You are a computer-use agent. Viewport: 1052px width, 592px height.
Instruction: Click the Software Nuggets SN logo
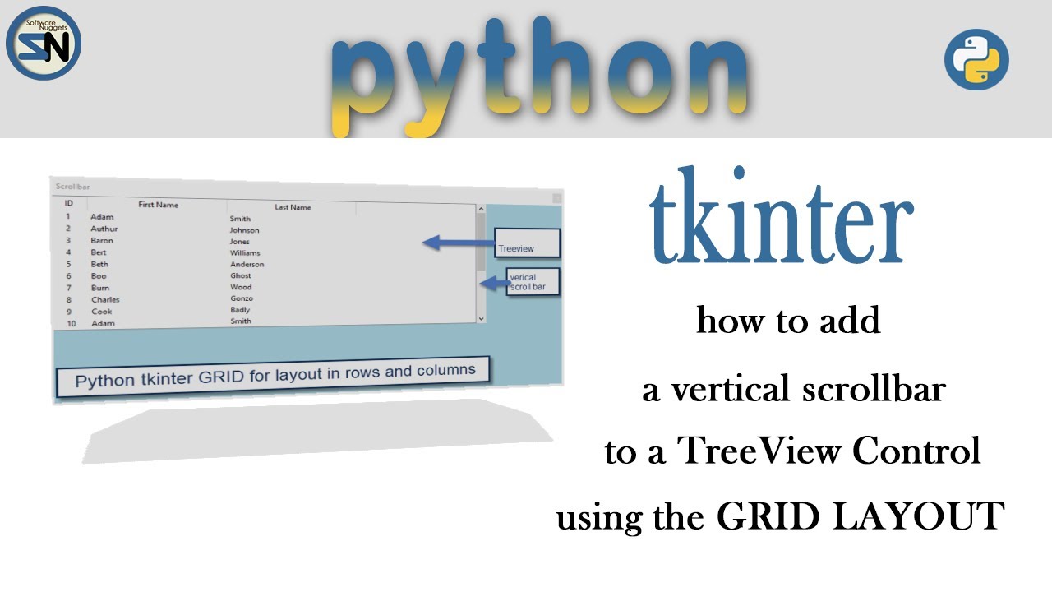coord(44,43)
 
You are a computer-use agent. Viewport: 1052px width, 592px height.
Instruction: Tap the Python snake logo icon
coord(976,59)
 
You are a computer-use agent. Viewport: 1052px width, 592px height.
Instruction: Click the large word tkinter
coord(781,218)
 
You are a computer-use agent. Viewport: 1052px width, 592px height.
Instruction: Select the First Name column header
coord(158,205)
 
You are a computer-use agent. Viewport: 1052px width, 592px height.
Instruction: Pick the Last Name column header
coord(293,207)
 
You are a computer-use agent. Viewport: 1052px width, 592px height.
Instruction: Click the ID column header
coord(69,203)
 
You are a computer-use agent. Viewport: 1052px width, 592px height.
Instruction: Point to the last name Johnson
coord(244,230)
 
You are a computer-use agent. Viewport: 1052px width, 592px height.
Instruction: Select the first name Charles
coord(105,300)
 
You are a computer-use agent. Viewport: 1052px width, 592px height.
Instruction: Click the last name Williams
coord(245,253)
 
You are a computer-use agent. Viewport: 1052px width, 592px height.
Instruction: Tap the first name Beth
coord(99,265)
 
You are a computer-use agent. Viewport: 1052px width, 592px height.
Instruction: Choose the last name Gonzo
coord(242,298)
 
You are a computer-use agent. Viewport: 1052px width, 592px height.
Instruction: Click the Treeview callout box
coord(526,244)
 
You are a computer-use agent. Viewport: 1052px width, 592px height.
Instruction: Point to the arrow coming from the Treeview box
coord(457,243)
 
